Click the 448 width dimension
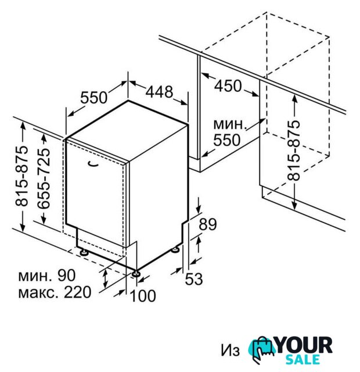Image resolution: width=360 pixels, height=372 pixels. click(x=159, y=92)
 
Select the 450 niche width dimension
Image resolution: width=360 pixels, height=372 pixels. click(x=228, y=85)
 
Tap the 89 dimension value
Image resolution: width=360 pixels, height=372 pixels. click(x=208, y=224)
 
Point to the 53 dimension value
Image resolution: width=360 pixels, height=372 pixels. click(x=193, y=279)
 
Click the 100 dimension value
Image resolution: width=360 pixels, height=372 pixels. click(x=143, y=296)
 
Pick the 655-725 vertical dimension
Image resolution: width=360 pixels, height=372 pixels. click(x=44, y=178)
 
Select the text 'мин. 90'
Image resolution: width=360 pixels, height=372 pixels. click(x=47, y=275)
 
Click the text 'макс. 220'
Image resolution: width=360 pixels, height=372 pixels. click(x=55, y=292)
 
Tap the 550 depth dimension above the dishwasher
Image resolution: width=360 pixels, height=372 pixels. click(x=94, y=97)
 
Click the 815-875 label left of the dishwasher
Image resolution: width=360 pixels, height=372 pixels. click(x=21, y=176)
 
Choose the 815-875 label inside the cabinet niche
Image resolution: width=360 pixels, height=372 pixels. click(x=294, y=151)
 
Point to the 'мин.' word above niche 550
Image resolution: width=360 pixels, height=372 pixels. click(x=229, y=124)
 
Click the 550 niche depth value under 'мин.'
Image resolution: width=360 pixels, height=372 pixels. click(x=227, y=140)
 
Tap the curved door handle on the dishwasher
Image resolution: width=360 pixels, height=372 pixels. click(x=93, y=164)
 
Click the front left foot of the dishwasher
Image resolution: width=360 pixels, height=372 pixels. click(x=84, y=252)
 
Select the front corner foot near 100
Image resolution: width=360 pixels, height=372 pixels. click(x=136, y=273)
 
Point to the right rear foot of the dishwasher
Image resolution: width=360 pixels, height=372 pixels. click(x=175, y=249)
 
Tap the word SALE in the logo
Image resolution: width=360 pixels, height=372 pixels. click(x=303, y=360)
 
